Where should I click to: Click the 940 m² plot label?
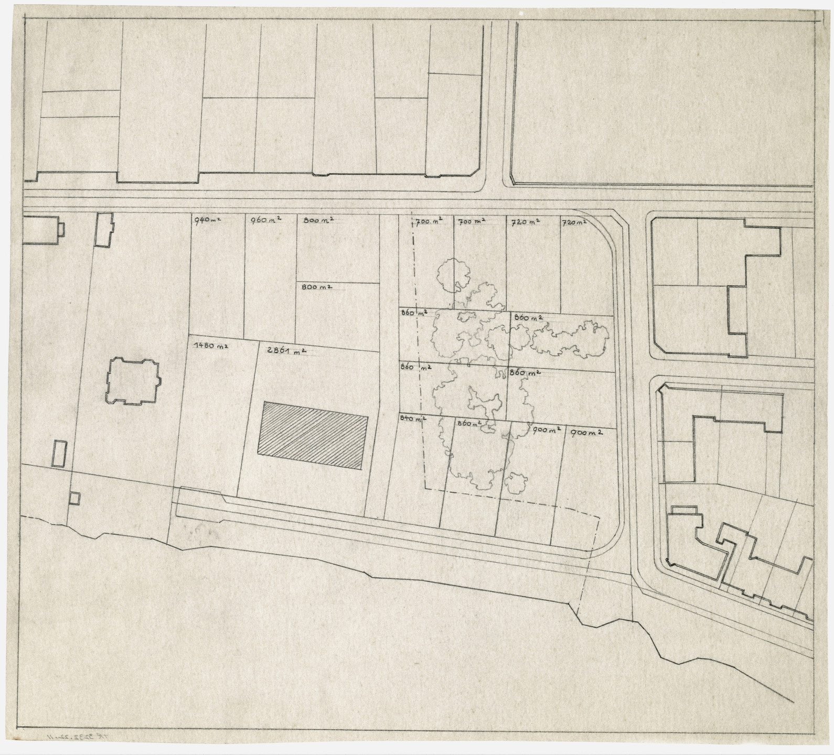tap(207, 220)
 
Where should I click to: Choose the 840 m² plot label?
tap(412, 418)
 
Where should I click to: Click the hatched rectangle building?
tap(313, 435)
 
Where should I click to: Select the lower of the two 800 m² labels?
tap(315, 287)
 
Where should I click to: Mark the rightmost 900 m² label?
tap(585, 433)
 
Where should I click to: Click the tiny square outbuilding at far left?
tap(75, 498)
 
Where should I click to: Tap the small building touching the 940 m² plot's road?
tap(104, 229)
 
